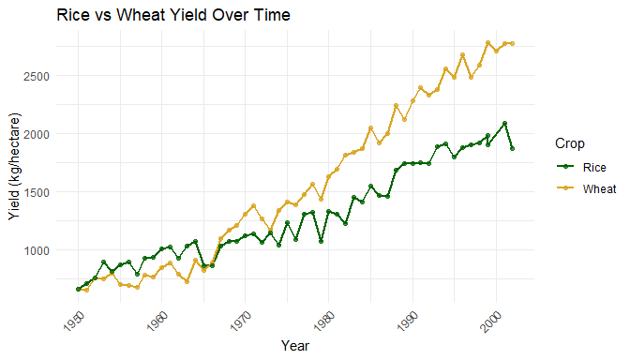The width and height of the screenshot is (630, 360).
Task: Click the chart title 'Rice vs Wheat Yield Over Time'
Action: [x=173, y=15]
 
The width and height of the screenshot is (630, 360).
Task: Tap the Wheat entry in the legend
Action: [x=586, y=188]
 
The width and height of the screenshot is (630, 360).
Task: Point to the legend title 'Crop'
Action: [x=569, y=143]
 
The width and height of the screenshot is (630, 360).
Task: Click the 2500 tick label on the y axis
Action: [x=37, y=76]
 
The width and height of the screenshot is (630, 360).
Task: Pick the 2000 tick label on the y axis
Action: [x=37, y=134]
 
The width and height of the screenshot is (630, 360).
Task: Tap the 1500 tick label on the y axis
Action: [x=37, y=192]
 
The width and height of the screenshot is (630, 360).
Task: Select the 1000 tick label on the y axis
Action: [x=37, y=250]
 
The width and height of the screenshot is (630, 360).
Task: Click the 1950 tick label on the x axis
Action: [x=74, y=321]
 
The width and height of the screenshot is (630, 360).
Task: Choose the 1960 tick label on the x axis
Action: [x=157, y=321]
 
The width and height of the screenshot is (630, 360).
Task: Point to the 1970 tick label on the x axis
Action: [x=241, y=321]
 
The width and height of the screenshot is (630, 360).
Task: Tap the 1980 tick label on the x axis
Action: [x=324, y=321]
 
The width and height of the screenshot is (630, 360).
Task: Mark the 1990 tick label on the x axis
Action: [x=409, y=321]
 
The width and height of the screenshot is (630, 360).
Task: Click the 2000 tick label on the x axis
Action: [x=492, y=321]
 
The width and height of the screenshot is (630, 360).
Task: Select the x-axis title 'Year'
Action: [x=295, y=346]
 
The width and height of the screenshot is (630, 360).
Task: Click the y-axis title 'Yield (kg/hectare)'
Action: [x=14, y=167]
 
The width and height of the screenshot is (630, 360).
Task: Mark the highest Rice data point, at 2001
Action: [x=504, y=124]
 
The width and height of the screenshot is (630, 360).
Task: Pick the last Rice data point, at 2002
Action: [x=512, y=149]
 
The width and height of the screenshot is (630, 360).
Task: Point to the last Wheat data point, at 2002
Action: [x=512, y=44]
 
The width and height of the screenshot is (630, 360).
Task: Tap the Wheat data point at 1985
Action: [x=371, y=128]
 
